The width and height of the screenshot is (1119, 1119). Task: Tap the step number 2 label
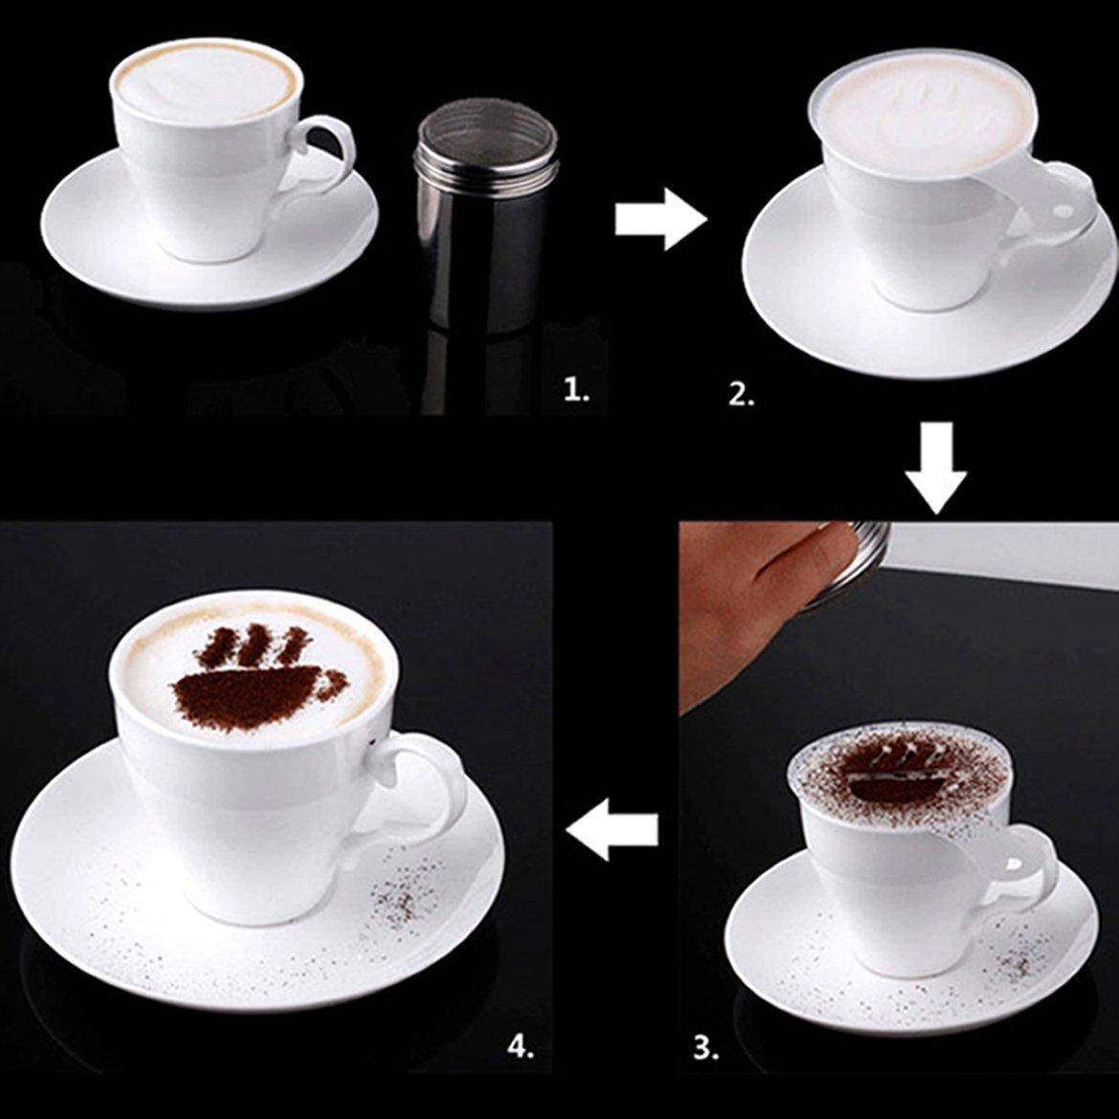pos(741,395)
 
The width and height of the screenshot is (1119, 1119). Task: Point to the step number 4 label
pos(520,1047)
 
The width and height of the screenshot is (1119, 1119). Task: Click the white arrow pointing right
pos(661,219)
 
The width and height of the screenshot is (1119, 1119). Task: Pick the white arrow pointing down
pos(936,468)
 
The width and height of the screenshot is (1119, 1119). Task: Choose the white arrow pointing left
pos(612,829)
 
